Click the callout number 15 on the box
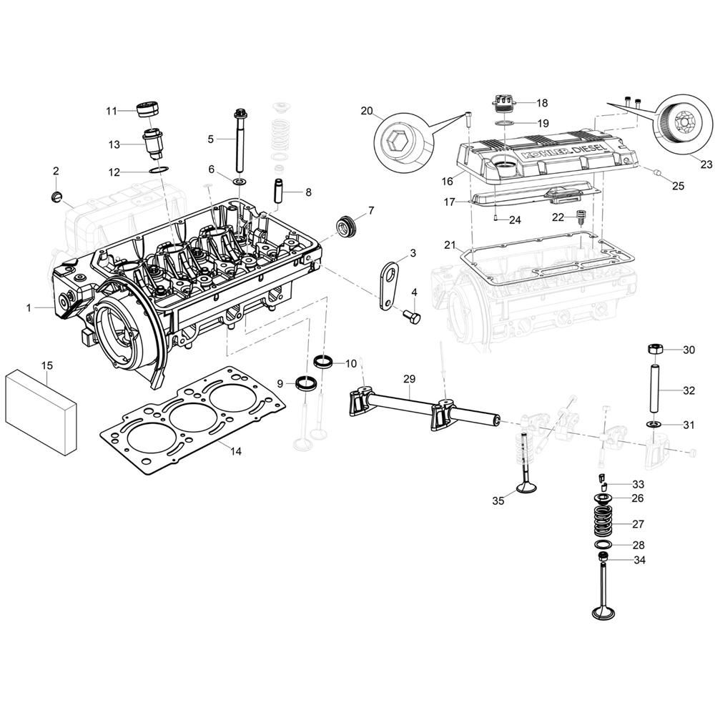tap(47, 365)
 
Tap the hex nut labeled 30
tap(655, 350)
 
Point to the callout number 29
tap(410, 378)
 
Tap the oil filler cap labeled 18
tap(504, 107)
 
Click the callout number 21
tap(450, 245)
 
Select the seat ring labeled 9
tap(307, 382)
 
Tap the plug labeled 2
tap(55, 198)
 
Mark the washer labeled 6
tap(240, 182)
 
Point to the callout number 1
tap(29, 307)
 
